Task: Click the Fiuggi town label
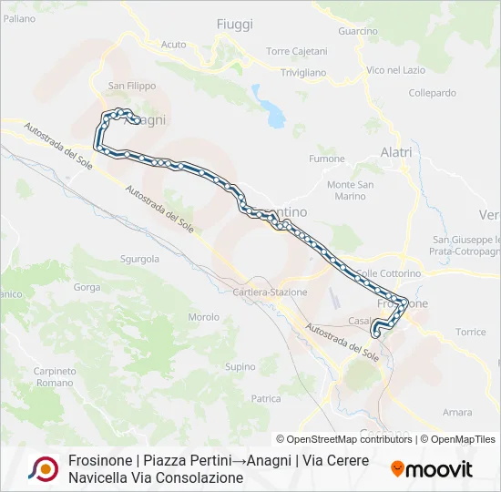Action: tap(235, 25)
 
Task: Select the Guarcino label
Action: tap(357, 31)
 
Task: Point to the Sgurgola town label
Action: tap(139, 259)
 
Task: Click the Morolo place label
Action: tap(203, 317)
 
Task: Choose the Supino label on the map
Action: tap(240, 367)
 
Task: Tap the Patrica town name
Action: tap(266, 398)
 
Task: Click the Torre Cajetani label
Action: tap(296, 51)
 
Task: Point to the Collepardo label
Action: tap(432, 93)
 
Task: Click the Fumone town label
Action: tap(327, 159)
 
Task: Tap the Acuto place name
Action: tap(173, 44)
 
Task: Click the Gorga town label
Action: tap(87, 287)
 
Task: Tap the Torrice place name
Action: tap(471, 332)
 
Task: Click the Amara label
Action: tap(456, 412)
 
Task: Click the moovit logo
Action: tap(432, 469)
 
